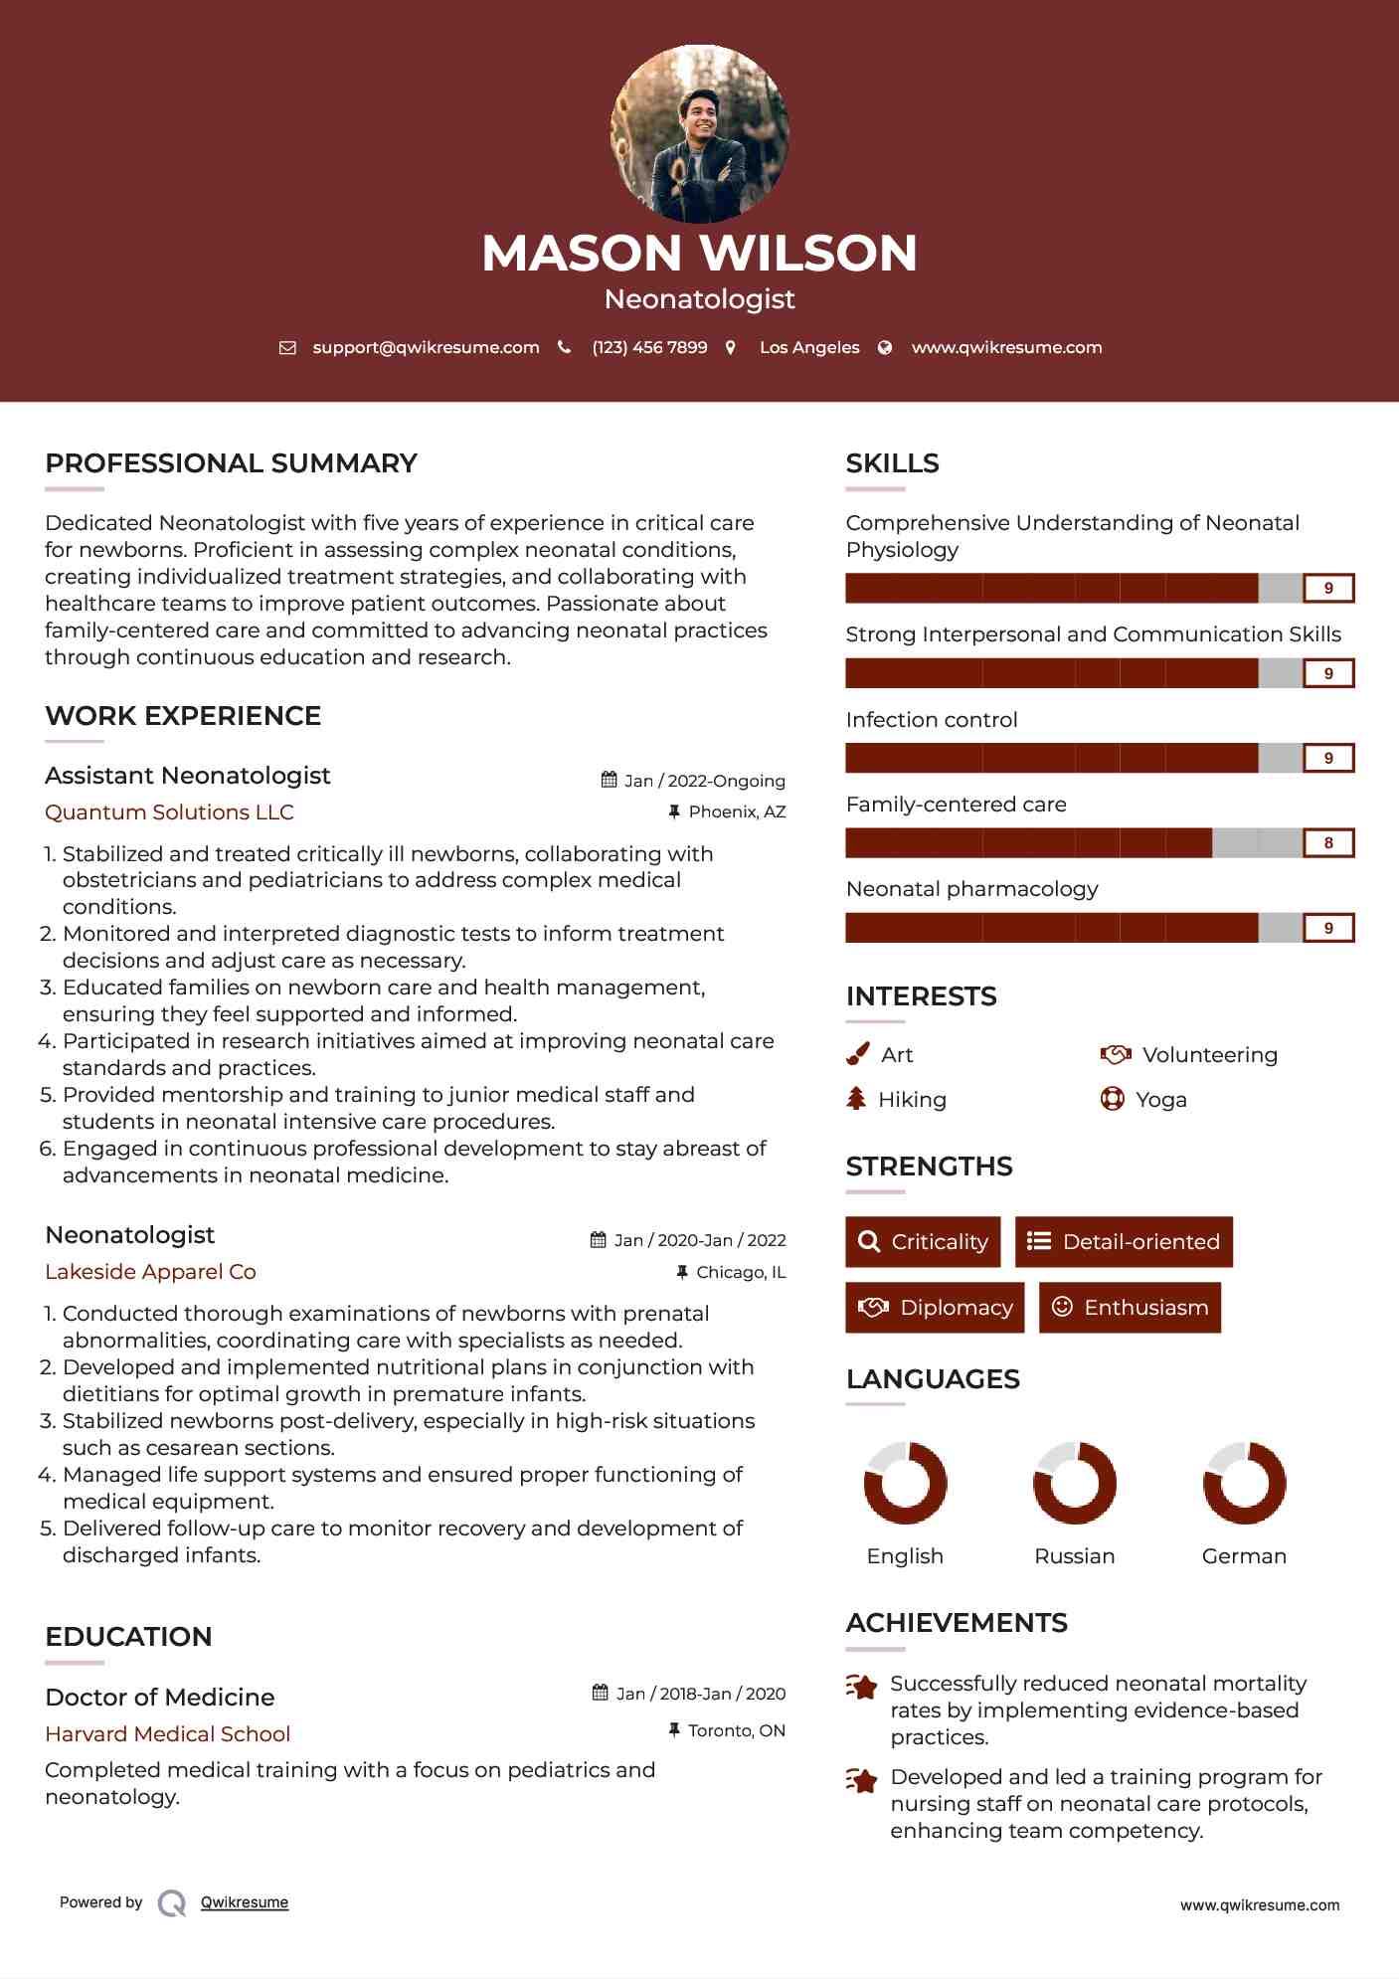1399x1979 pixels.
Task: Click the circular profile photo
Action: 699,133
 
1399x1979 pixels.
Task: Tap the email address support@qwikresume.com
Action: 426,347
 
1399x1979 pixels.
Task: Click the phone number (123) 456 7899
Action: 649,347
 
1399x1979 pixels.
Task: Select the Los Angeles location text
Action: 809,347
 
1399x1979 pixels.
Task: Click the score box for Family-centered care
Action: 1328,843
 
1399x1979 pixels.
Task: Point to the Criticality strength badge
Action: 923,1242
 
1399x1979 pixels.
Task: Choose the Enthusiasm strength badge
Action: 1130,1307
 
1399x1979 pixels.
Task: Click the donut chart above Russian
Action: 1075,1483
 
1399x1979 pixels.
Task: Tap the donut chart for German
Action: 1244,1483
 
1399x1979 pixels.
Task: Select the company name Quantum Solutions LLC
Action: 169,812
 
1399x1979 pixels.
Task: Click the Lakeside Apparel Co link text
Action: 150,1272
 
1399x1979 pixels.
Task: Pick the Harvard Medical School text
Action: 167,1734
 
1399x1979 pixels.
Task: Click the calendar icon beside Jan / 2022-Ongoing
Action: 610,780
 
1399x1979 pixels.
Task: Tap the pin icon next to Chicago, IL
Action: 682,1272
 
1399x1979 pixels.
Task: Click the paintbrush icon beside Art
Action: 857,1054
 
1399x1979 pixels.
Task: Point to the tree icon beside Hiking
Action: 856,1099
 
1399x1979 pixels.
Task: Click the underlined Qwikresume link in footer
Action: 245,1902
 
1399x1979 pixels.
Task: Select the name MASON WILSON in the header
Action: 699,253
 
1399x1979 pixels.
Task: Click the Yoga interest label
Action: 1161,1100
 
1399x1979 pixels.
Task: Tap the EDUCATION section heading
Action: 128,1637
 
